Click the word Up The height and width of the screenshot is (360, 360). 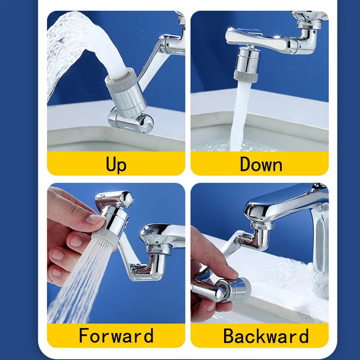click(x=116, y=164)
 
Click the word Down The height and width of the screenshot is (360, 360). click(x=261, y=164)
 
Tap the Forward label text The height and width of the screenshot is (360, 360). click(x=116, y=336)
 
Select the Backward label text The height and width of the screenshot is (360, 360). click(x=266, y=336)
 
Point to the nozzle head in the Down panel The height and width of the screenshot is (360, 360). click(x=247, y=63)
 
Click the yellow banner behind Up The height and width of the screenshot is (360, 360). click(x=67, y=164)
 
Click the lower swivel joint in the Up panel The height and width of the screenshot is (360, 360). click(x=130, y=120)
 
